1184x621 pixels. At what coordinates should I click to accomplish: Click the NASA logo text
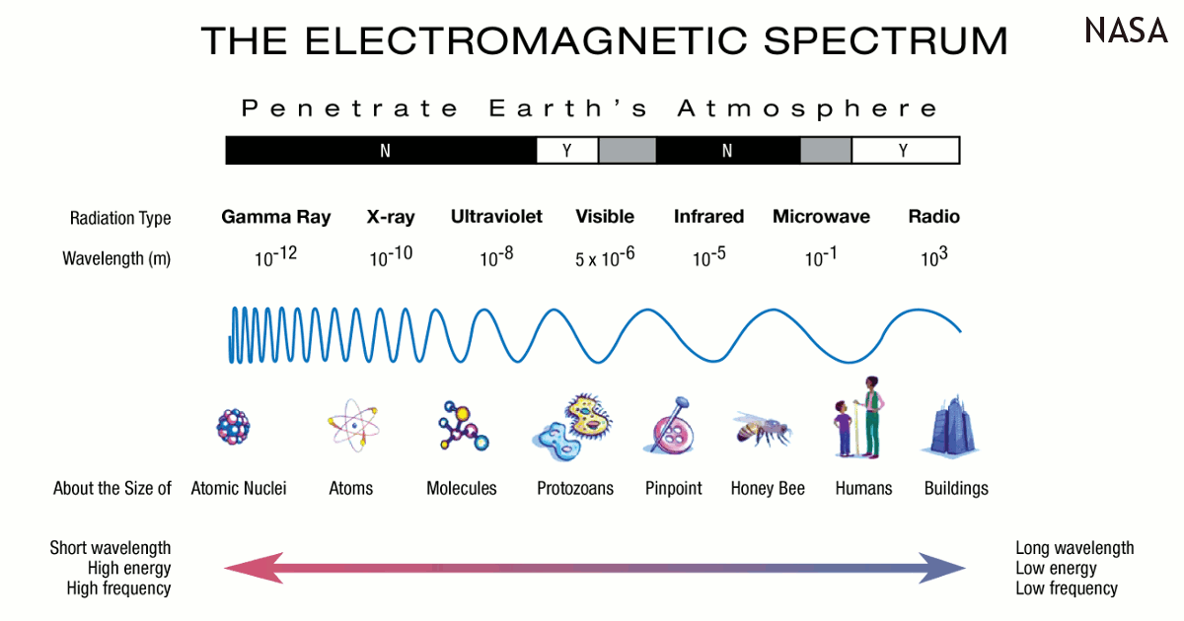coord(1126,31)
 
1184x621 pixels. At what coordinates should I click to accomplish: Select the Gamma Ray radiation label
coord(276,217)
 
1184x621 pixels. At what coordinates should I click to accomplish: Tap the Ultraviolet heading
coord(496,217)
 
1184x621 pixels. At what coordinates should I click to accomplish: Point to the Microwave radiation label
coord(821,217)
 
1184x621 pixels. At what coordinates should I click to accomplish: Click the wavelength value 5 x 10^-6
coord(605,257)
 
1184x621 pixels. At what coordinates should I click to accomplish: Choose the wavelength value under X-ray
coord(391,256)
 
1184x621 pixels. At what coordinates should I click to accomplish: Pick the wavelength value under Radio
coord(934,256)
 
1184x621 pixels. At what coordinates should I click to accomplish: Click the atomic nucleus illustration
coord(233,427)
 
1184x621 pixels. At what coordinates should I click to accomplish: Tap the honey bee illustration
coord(763,428)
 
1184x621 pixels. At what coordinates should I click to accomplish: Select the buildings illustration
coord(951,427)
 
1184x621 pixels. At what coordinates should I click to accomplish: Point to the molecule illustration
coord(463,426)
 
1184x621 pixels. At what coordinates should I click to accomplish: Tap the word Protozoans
coord(575,489)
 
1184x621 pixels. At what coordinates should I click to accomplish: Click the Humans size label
coord(863,489)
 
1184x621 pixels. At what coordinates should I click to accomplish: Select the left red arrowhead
coord(254,568)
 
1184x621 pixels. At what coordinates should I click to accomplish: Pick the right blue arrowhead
coord(942,568)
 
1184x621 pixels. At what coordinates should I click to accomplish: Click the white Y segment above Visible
coord(567,151)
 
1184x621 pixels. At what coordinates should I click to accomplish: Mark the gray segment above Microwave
coord(826,151)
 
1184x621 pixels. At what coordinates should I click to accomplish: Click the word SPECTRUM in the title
coord(885,41)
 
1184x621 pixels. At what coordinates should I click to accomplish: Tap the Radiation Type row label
coord(120,218)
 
